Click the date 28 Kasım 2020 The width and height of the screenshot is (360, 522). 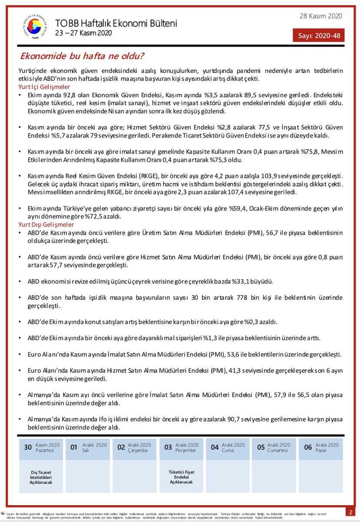pyautogui.click(x=320, y=16)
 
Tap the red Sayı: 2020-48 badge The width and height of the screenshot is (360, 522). pyautogui.click(x=319, y=36)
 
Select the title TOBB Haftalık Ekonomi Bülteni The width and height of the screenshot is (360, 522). pyautogui.click(x=116, y=23)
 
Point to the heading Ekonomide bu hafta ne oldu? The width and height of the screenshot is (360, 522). pyautogui.click(x=83, y=56)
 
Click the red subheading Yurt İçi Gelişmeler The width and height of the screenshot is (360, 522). pyautogui.click(x=44, y=87)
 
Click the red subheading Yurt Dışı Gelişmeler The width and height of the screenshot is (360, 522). pyautogui.click(x=46, y=224)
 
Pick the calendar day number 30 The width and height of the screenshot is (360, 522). pyautogui.click(x=28, y=447)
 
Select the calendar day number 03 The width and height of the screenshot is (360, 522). pyautogui.click(x=168, y=447)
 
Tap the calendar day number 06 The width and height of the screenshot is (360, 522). pyautogui.click(x=308, y=447)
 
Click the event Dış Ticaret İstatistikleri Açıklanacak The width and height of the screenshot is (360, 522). pyautogui.click(x=41, y=477)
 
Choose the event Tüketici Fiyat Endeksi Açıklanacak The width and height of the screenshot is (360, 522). pyautogui.click(x=181, y=477)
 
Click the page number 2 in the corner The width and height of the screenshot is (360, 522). pyautogui.click(x=350, y=511)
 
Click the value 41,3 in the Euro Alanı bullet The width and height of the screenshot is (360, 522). pyautogui.click(x=233, y=371)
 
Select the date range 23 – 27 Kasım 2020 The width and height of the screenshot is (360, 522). pyautogui.click(x=83, y=33)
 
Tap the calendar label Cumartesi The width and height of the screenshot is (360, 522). pyautogui.click(x=277, y=450)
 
